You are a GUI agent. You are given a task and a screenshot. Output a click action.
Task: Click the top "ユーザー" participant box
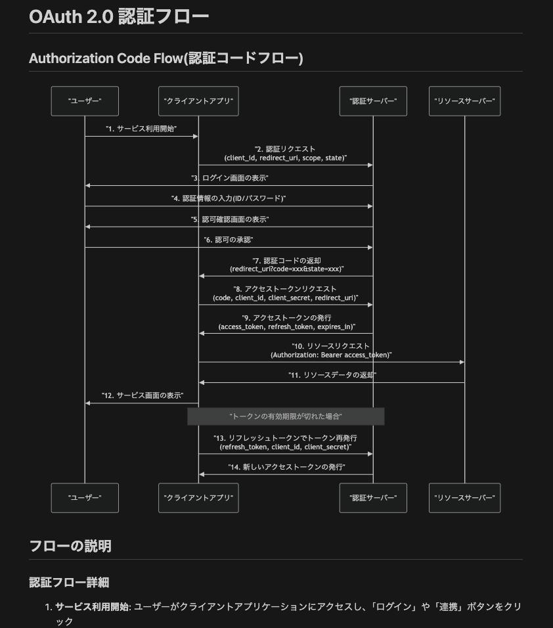point(85,101)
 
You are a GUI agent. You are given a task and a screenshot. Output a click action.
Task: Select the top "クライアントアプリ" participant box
point(198,101)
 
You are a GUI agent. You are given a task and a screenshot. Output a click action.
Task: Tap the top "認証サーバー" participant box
point(373,101)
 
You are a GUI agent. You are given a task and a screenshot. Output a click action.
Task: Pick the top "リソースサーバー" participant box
point(464,101)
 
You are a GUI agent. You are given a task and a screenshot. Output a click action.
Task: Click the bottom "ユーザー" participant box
point(85,498)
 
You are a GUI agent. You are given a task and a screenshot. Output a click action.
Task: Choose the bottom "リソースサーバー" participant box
point(464,498)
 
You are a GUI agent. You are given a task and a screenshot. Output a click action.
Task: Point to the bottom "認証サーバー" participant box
point(373,498)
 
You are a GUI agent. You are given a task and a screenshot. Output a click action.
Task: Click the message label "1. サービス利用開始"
point(141,128)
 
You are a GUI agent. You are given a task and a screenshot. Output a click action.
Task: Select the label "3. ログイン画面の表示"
point(230,178)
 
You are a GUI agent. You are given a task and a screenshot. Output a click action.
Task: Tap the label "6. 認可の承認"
point(229,240)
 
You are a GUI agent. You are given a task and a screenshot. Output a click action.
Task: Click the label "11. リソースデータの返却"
point(332,375)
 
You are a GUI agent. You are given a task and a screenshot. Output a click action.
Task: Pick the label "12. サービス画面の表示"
point(141,395)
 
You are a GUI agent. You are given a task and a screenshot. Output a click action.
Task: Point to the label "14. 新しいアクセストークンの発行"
point(286,467)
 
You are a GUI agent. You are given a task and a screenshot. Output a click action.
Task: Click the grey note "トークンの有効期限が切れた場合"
point(286,416)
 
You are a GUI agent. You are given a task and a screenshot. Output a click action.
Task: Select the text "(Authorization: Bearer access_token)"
point(331,355)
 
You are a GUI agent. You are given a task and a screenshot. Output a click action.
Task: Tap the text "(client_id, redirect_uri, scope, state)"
point(286,158)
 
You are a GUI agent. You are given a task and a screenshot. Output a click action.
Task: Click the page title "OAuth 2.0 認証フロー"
point(119,16)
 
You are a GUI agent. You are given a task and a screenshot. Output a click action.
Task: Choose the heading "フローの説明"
point(70,546)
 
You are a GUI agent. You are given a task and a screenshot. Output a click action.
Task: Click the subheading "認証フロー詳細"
point(69,582)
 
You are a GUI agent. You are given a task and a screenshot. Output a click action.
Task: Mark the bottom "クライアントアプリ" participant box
point(198,498)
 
